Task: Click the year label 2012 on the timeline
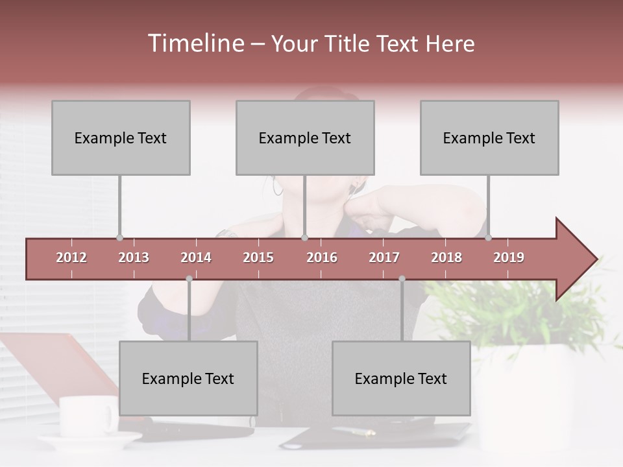pos(71,257)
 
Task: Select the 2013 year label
pos(134,257)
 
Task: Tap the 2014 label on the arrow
pos(196,257)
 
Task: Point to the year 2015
pos(258,257)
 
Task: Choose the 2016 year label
pos(322,257)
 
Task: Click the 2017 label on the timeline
pos(384,257)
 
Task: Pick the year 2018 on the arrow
pos(446,257)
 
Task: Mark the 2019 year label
pos(509,257)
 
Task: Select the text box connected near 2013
pos(121,138)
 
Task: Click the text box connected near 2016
pos(305,138)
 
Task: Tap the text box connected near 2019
pos(489,138)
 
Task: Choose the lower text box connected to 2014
pos(188,378)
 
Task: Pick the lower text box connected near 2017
pos(401,378)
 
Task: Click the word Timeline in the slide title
pos(195,43)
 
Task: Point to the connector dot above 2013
pos(119,237)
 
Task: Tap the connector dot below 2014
pos(189,278)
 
